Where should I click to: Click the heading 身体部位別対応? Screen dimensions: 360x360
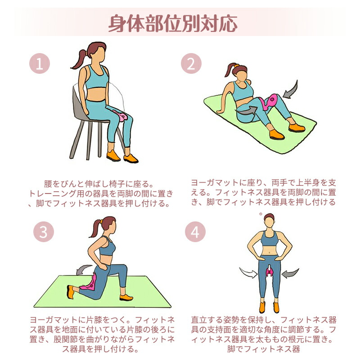pyautogui.click(x=173, y=23)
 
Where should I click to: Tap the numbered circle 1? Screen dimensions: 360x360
pyautogui.click(x=40, y=63)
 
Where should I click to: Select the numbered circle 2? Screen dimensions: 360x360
pyautogui.click(x=191, y=63)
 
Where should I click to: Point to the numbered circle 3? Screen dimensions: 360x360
pyautogui.click(x=43, y=231)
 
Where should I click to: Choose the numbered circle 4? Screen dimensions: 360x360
pyautogui.click(x=195, y=231)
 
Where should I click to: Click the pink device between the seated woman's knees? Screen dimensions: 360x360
pyautogui.click(x=121, y=116)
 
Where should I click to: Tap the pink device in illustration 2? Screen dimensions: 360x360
pyautogui.click(x=269, y=101)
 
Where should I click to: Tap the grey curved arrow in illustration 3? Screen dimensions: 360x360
pyautogui.click(x=83, y=269)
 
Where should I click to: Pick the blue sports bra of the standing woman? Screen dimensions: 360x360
pyautogui.click(x=269, y=239)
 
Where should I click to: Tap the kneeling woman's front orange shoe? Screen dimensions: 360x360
pyautogui.click(x=126, y=297)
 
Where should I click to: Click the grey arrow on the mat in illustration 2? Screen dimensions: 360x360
pyautogui.click(x=246, y=110)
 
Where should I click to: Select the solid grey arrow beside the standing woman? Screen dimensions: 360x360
pyautogui.click(x=290, y=273)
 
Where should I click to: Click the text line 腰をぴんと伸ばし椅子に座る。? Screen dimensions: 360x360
pyautogui.click(x=99, y=184)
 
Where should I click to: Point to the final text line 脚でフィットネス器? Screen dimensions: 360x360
pyautogui.click(x=264, y=349)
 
